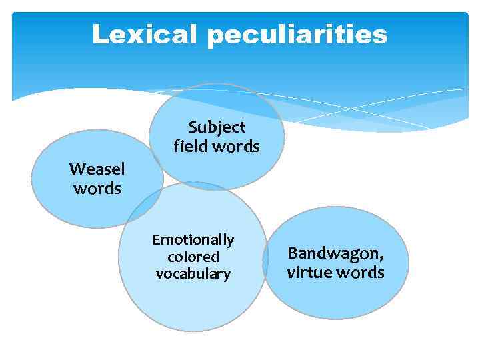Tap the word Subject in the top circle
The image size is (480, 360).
(x=217, y=127)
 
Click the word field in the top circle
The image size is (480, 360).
(x=187, y=146)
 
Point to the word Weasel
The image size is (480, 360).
(x=97, y=169)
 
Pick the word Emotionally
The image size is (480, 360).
(x=193, y=240)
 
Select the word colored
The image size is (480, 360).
(x=193, y=257)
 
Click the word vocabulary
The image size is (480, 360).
(x=193, y=274)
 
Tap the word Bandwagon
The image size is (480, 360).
(x=334, y=253)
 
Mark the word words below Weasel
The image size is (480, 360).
(x=97, y=189)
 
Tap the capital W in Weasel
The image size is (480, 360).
(x=76, y=169)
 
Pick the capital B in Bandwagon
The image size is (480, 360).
(x=292, y=253)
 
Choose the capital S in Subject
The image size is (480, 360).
(x=193, y=127)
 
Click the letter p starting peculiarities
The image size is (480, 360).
(x=215, y=37)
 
